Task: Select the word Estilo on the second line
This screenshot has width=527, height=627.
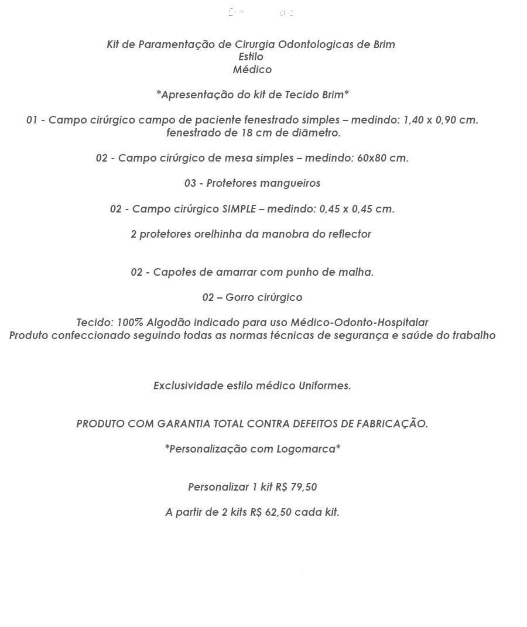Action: click(251, 57)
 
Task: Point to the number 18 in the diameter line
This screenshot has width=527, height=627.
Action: click(247, 133)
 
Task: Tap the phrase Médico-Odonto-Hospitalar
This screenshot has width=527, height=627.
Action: click(360, 323)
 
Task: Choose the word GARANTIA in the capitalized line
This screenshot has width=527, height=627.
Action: click(184, 424)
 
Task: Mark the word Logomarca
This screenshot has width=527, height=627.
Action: click(308, 449)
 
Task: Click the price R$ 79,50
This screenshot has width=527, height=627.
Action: click(296, 487)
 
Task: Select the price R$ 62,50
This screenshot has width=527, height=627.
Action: click(271, 512)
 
